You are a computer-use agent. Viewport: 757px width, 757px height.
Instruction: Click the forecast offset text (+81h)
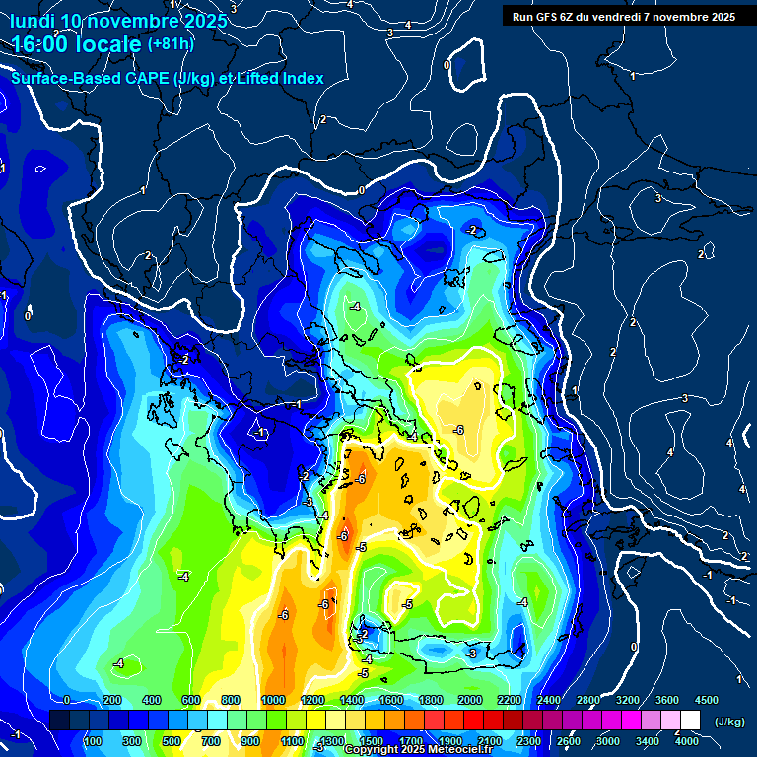pos(171,43)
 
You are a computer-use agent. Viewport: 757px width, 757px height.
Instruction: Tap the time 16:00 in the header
pos(48,43)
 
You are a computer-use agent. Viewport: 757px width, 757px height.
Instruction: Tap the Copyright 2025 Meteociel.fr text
pos(419,750)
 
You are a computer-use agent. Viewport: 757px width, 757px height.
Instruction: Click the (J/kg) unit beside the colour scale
pos(730,723)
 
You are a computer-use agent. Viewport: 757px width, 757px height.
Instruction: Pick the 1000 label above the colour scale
pos(273,700)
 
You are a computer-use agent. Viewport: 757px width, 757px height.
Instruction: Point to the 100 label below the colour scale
pos(93,741)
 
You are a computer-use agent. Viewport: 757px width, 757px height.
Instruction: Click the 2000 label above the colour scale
pos(470,700)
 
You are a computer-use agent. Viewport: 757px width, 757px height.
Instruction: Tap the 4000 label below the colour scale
pos(687,741)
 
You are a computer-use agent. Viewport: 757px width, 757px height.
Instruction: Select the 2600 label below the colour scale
pos(569,741)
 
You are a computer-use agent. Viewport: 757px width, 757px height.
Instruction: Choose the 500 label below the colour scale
pos(172,741)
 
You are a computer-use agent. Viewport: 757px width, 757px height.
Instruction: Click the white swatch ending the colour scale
pos(690,721)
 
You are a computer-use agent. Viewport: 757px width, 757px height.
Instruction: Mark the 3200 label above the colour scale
pos(628,700)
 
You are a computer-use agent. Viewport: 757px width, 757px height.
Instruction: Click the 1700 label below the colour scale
pos(411,741)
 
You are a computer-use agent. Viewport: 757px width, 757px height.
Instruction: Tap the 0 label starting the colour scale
pos(66,700)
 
